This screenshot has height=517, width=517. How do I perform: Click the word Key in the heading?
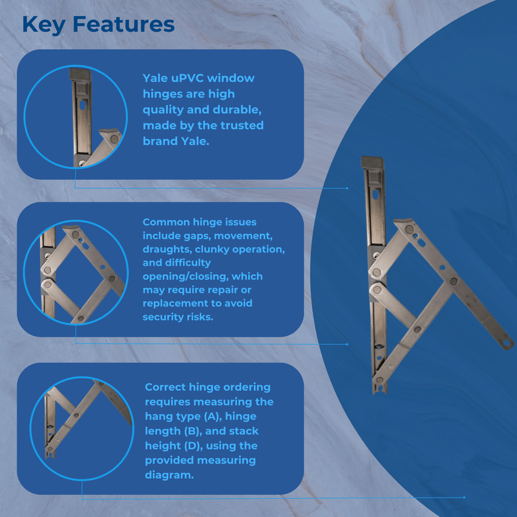43,25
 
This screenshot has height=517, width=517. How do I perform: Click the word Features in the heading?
123,25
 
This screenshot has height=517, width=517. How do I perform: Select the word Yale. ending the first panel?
195,141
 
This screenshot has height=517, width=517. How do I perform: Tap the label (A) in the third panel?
213,416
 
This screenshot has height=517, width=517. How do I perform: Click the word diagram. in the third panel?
169,475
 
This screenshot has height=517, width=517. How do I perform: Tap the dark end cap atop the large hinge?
373,163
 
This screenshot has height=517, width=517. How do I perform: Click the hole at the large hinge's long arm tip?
507,344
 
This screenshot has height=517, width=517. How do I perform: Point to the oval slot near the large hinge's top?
375,195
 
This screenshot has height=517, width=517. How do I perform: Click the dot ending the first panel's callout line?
347,188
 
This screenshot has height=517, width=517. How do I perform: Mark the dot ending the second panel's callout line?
347,344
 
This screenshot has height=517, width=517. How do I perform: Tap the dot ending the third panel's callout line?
464,497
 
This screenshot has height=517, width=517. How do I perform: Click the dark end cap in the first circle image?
80,74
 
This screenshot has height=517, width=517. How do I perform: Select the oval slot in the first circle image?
83,105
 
